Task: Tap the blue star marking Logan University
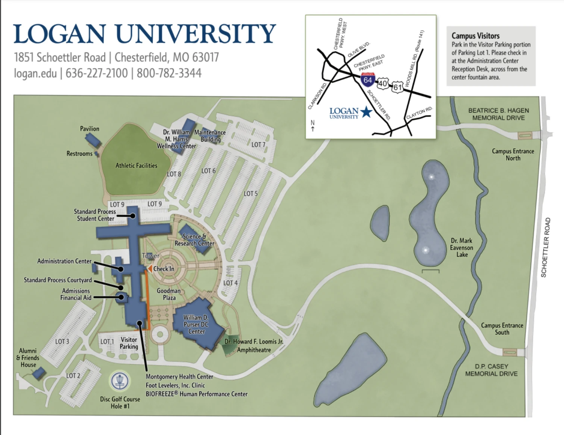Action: tap(366, 112)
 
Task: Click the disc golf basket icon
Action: tap(120, 381)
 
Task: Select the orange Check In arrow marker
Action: tap(150, 269)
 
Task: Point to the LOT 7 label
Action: tap(258, 144)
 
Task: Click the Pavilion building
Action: tap(92, 140)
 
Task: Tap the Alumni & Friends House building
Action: tap(38, 373)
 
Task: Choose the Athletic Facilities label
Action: tap(136, 166)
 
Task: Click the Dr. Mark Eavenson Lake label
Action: tap(462, 248)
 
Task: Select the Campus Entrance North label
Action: tap(513, 154)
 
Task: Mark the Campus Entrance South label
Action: tap(502, 329)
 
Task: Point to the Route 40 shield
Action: tap(382, 83)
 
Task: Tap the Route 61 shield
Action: tap(397, 87)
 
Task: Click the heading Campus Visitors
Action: tap(475, 36)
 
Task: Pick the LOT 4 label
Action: tap(230, 283)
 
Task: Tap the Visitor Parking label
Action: tap(129, 343)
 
